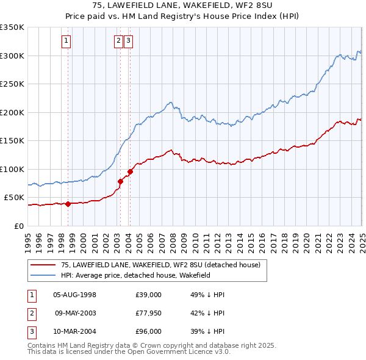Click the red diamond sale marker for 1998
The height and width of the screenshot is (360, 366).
tap(68, 204)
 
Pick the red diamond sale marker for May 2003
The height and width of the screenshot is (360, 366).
tap(121, 181)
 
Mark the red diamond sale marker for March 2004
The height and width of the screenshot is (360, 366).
tap(130, 171)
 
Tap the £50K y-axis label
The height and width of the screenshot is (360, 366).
tap(15, 198)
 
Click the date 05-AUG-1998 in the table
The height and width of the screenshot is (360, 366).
tap(75, 295)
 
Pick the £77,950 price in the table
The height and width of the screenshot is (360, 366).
tap(148, 314)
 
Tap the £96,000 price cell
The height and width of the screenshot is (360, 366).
tap(148, 332)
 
